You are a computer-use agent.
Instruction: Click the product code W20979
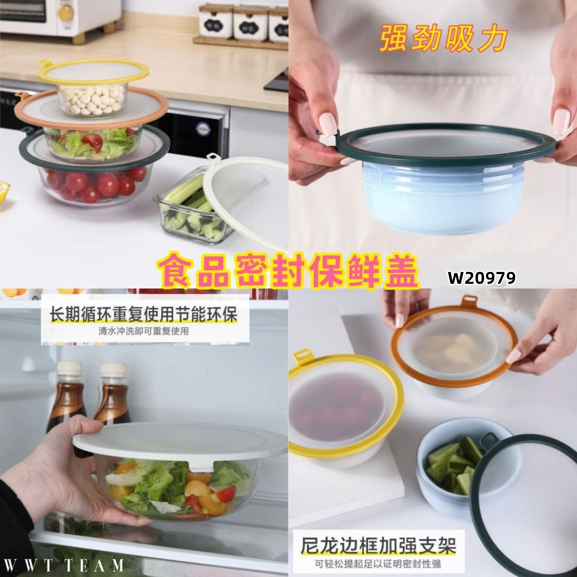[x=482, y=278]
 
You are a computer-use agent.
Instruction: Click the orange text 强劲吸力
[x=443, y=38]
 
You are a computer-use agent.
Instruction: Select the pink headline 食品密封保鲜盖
[x=288, y=271]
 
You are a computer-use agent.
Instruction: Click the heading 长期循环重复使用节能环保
[x=144, y=314]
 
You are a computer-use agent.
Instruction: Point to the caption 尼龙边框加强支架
[x=378, y=545]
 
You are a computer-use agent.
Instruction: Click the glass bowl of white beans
[x=92, y=99]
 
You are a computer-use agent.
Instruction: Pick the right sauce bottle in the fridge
[x=112, y=394]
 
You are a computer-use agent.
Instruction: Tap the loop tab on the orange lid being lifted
[x=469, y=301]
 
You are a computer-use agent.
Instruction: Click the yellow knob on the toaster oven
[x=66, y=13]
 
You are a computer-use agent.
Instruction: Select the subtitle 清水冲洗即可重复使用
[x=144, y=331]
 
